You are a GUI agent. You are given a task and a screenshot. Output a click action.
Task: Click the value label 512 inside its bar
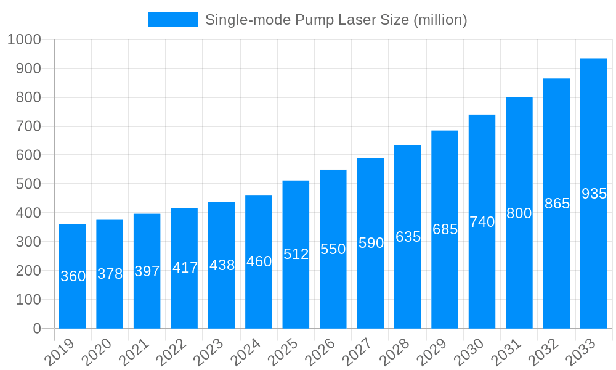pyautogui.click(x=296, y=254)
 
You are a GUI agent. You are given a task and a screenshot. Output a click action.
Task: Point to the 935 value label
pyautogui.click(x=594, y=194)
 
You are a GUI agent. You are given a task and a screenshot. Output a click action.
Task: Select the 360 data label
pyautogui.click(x=73, y=276)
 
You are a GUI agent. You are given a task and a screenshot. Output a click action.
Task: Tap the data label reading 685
pyautogui.click(x=445, y=229)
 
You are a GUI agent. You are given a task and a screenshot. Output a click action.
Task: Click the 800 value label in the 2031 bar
pyautogui.click(x=519, y=213)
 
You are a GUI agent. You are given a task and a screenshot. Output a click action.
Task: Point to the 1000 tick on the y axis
pyautogui.click(x=24, y=39)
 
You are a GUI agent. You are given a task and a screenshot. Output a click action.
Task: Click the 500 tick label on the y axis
pyautogui.click(x=28, y=184)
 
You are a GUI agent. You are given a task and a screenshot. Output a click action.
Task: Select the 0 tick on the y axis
pyautogui.click(x=37, y=329)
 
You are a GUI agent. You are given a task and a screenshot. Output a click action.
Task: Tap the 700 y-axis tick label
pyautogui.click(x=28, y=126)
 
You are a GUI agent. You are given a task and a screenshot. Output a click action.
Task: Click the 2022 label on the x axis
pyautogui.click(x=174, y=352)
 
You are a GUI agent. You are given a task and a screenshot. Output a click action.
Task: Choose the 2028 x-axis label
pyautogui.click(x=397, y=352)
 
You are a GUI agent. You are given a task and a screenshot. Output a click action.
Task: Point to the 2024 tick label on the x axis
pyautogui.click(x=249, y=352)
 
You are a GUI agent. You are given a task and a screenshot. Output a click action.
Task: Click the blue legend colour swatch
pyautogui.click(x=172, y=20)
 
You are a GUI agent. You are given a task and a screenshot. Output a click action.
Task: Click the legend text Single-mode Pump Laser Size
pyautogui.click(x=336, y=20)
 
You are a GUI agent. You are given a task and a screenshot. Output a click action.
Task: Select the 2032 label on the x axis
pyautogui.click(x=546, y=352)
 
